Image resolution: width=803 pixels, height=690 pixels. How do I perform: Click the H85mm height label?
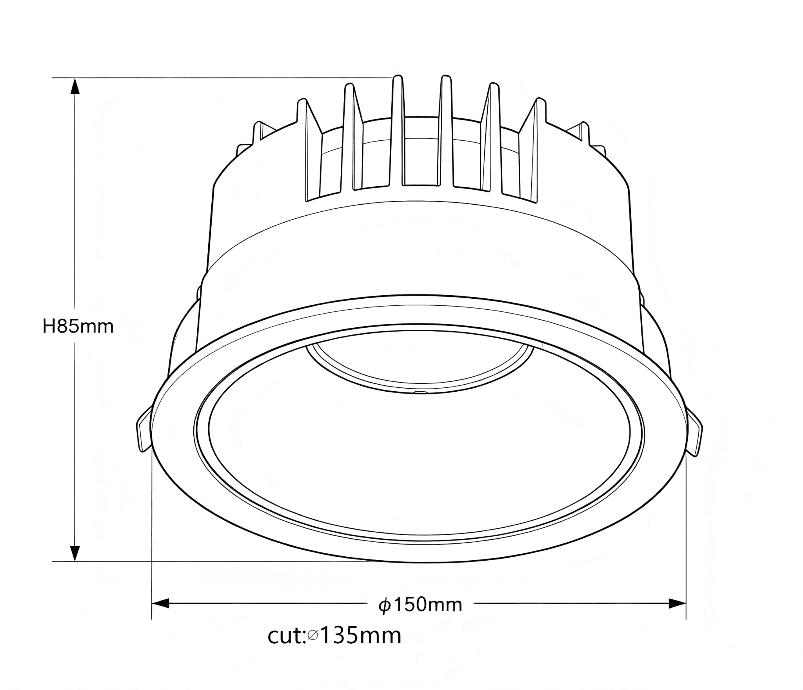tap(78, 326)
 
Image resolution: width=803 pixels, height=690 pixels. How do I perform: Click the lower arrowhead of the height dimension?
tap(74, 553)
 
